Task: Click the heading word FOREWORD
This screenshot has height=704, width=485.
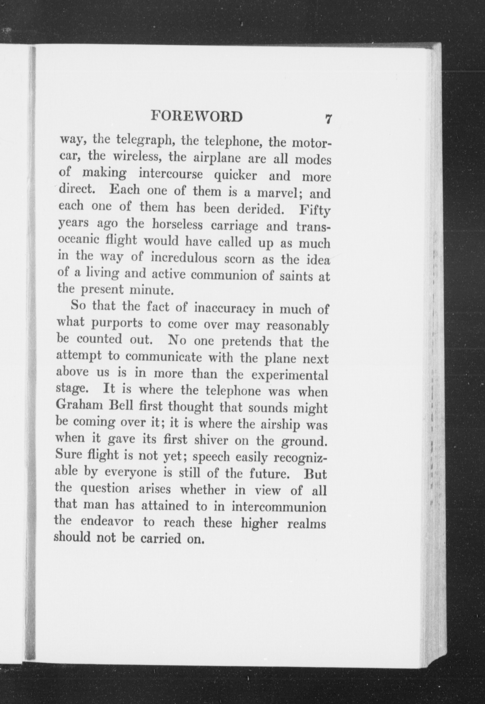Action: pyautogui.click(x=197, y=116)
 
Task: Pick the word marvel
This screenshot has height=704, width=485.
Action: pyautogui.click(x=276, y=193)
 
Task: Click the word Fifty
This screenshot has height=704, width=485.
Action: pyautogui.click(x=314, y=211)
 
